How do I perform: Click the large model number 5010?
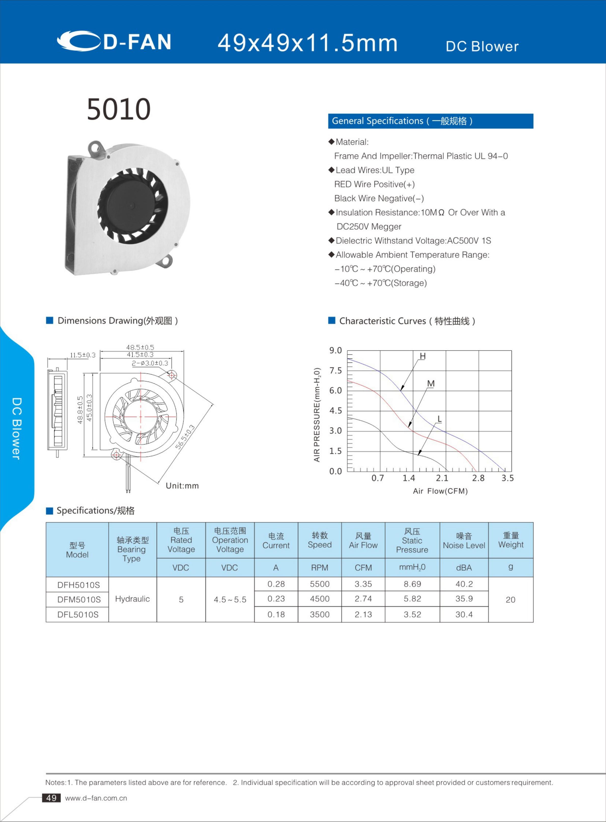pyautogui.click(x=119, y=109)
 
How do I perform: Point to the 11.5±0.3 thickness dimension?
pyautogui.click(x=82, y=355)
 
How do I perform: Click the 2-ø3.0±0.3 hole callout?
pyautogui.click(x=150, y=363)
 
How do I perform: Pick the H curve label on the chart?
pyautogui.click(x=422, y=356)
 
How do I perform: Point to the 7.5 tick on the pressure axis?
pyautogui.click(x=335, y=370)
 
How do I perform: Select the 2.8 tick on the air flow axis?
pyautogui.click(x=478, y=478)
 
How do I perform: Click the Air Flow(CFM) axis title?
pyautogui.click(x=440, y=491)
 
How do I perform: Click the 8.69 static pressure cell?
pyautogui.click(x=412, y=584)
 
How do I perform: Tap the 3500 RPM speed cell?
pyautogui.click(x=319, y=614)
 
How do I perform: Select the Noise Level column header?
pyautogui.click(x=464, y=541)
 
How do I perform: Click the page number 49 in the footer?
pyautogui.click(x=51, y=798)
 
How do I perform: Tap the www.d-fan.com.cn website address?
pyautogui.click(x=96, y=798)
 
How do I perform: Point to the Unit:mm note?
pyautogui.click(x=182, y=486)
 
